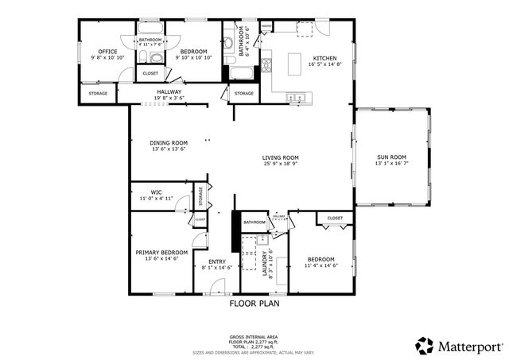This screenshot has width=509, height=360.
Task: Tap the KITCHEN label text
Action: point(324,58)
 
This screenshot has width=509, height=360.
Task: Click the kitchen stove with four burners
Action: point(267,64)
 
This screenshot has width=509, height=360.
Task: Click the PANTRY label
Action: point(267,26)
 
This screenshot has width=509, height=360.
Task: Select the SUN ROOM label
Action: point(391,157)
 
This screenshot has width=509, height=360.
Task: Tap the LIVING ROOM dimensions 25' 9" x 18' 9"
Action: point(281,165)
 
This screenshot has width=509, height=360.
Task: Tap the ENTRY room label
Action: point(216,261)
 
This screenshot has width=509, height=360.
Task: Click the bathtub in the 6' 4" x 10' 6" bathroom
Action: point(241,74)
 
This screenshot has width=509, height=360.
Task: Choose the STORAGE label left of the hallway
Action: point(98,94)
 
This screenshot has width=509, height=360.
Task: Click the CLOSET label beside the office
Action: point(150,73)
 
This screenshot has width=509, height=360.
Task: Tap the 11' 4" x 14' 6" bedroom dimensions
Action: point(321,266)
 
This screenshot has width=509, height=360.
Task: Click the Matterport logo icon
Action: point(425,345)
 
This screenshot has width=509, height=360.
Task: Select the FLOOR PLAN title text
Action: point(254,303)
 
